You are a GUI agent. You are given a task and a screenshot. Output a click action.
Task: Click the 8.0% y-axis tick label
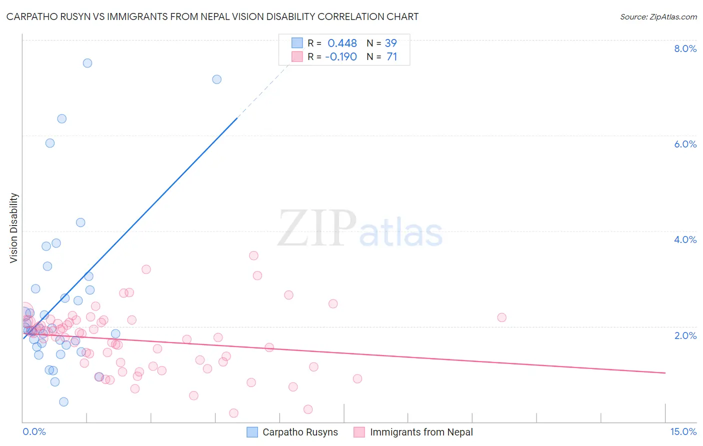click(x=685, y=48)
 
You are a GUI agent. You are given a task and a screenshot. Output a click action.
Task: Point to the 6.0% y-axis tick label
click(x=685, y=144)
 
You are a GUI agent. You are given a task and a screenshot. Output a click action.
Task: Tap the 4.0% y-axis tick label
click(x=685, y=239)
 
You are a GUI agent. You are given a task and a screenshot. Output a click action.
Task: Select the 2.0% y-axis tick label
click(x=685, y=335)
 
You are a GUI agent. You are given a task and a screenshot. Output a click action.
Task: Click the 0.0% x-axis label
click(x=34, y=432)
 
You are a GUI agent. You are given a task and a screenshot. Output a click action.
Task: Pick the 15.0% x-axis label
click(x=683, y=432)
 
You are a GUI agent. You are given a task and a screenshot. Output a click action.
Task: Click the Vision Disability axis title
click(x=14, y=228)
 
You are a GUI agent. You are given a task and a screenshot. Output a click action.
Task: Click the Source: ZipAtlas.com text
click(x=658, y=16)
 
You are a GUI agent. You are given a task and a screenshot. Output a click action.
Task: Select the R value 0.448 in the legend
click(x=342, y=43)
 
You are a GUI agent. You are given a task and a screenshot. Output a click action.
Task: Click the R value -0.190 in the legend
click(x=341, y=57)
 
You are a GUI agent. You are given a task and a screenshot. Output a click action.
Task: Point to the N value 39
click(x=390, y=43)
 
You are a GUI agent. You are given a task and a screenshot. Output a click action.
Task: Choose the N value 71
click(x=391, y=57)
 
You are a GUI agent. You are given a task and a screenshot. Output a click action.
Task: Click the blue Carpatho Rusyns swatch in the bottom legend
click(x=252, y=432)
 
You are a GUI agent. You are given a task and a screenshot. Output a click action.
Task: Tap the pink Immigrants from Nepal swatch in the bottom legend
click(x=359, y=432)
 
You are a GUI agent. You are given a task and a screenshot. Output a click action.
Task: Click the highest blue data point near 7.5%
click(x=87, y=63)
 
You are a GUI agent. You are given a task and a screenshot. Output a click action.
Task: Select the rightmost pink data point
click(x=502, y=317)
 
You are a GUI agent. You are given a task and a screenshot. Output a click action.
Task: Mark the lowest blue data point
click(x=63, y=402)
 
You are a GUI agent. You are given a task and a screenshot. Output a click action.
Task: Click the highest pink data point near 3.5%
click(x=253, y=255)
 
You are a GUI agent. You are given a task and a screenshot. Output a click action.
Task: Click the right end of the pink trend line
click(x=665, y=373)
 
